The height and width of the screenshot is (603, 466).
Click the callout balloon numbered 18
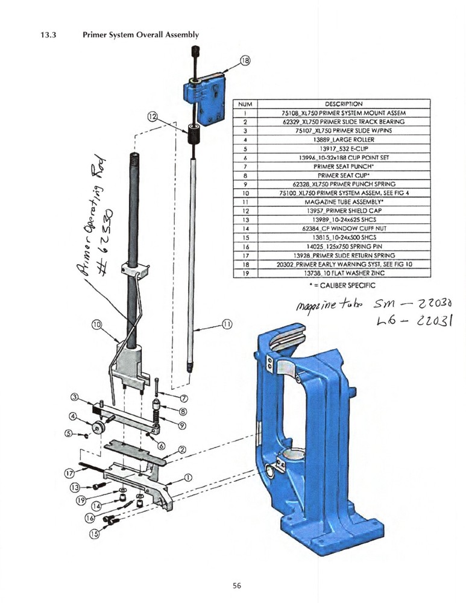point(245,60)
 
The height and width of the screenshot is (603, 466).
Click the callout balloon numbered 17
point(70,473)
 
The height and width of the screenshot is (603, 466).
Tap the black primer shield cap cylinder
point(194,134)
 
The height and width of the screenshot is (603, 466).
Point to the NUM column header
point(246,103)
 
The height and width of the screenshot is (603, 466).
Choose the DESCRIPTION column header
point(343,103)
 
